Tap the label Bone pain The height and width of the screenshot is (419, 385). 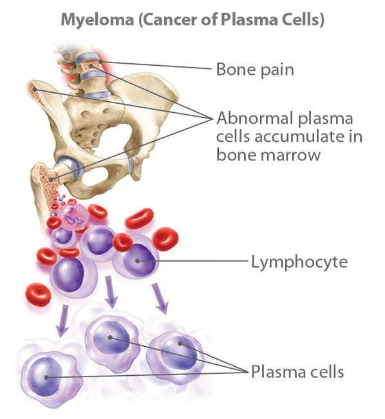tap(255, 69)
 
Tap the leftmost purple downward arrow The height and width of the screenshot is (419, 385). tap(62, 321)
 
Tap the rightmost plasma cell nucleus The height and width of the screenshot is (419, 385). tap(178, 350)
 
